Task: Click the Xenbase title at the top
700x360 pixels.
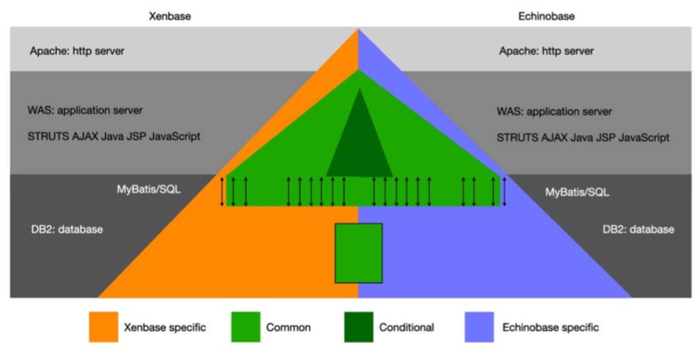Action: point(169,15)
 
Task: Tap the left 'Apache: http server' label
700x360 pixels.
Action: point(77,51)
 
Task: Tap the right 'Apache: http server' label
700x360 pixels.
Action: point(546,51)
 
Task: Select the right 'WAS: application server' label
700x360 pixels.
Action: point(554,111)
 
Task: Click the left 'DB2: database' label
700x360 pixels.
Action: point(62,229)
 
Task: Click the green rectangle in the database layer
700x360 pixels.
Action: point(358,253)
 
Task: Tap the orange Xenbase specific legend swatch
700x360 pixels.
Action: point(103,327)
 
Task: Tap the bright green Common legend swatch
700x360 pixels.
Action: point(246,327)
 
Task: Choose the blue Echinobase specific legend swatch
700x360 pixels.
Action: point(479,327)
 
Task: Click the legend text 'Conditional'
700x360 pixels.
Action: point(407,328)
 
